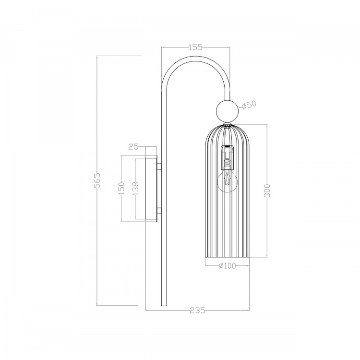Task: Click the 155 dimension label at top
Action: [x=195, y=47]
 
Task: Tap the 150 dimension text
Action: [x=121, y=188]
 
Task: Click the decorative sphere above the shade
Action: [x=227, y=110]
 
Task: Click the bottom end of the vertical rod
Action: [x=164, y=303]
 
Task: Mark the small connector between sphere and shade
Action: [x=227, y=123]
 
